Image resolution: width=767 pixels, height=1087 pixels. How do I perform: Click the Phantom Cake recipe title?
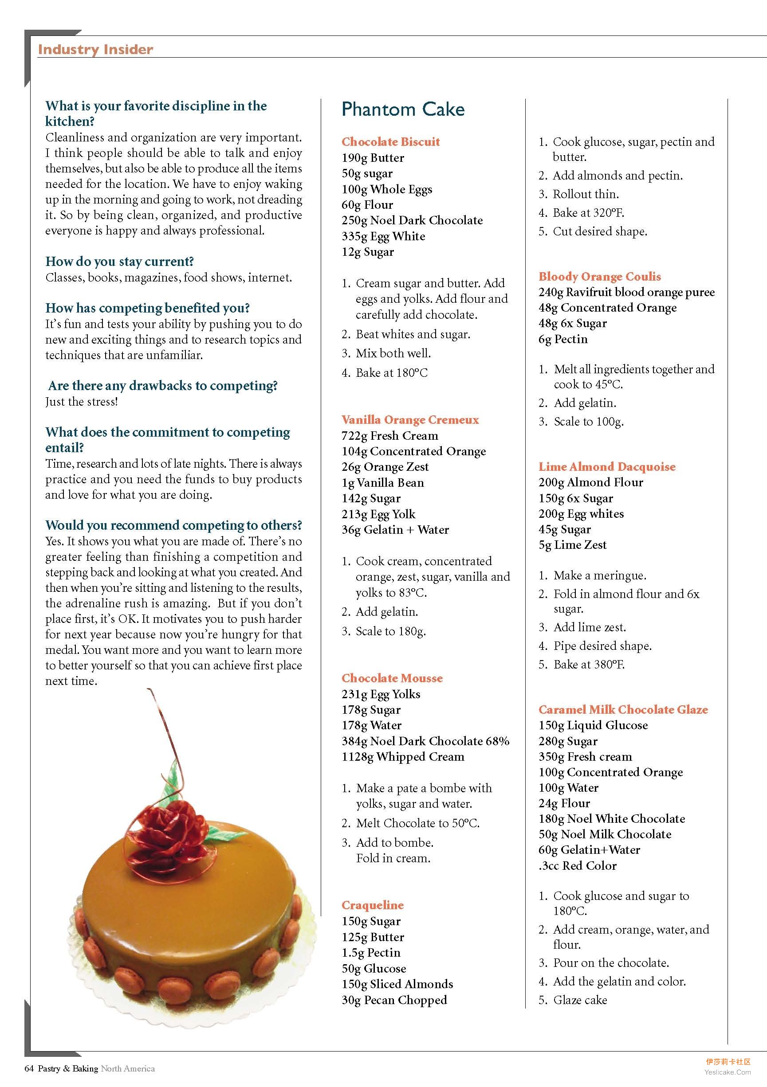tap(403, 109)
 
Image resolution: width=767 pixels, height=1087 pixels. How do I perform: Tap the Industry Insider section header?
tap(95, 50)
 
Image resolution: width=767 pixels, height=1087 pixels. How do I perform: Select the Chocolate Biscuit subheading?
tap(390, 141)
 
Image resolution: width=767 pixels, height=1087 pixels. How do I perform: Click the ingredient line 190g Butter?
tap(373, 158)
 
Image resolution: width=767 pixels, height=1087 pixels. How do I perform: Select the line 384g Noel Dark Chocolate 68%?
tap(425, 741)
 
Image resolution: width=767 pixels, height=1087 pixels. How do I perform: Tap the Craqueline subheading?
tap(372, 905)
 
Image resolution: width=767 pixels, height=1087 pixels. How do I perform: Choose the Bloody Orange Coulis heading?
tap(599, 277)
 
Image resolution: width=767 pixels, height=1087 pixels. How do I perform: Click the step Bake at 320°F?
tap(588, 213)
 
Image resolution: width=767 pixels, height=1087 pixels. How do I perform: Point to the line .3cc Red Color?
tap(578, 866)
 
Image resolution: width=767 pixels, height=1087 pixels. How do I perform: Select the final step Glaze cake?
tap(579, 1000)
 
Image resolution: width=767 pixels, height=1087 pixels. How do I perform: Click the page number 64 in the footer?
tap(29, 1068)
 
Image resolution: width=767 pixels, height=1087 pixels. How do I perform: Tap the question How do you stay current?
tap(119, 262)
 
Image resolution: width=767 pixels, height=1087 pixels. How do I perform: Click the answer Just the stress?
tap(82, 402)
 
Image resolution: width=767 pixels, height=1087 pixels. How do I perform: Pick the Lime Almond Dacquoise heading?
tap(607, 467)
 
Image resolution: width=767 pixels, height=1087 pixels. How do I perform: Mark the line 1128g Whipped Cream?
tap(403, 757)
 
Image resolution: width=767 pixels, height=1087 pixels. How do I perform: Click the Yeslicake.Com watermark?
tap(727, 1072)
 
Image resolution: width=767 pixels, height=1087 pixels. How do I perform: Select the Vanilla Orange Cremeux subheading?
tap(410, 420)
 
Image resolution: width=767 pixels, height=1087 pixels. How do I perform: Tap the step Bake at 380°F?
tap(589, 665)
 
